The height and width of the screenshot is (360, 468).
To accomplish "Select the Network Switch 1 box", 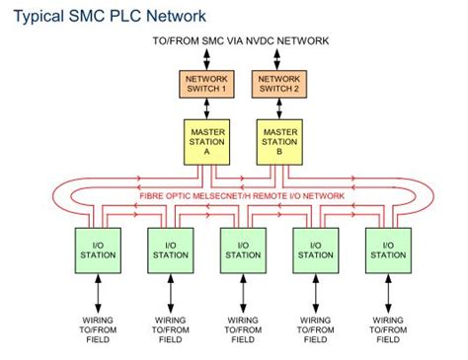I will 206,85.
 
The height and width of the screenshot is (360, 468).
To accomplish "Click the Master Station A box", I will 206,141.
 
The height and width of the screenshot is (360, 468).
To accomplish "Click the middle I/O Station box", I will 242,249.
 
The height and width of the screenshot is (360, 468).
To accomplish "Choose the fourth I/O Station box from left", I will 315,249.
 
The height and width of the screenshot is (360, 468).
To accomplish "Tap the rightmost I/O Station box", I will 388,249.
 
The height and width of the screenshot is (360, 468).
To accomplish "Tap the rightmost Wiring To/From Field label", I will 388,329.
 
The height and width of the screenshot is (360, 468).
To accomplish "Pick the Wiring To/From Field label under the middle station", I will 242,329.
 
